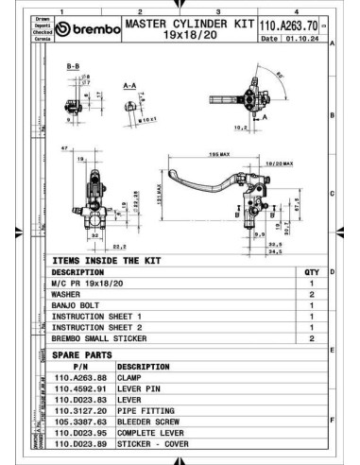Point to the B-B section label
point(72,68)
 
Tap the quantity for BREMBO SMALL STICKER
point(312,337)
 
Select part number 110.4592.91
point(81,387)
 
